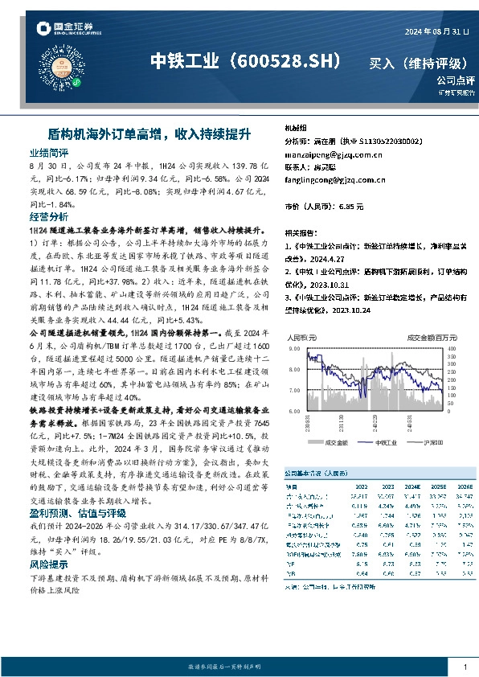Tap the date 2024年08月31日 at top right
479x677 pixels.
[434, 31]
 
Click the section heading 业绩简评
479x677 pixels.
[48, 152]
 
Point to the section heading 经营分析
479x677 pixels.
[48, 217]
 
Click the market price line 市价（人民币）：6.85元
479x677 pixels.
[319, 207]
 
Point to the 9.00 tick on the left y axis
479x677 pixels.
[295, 349]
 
